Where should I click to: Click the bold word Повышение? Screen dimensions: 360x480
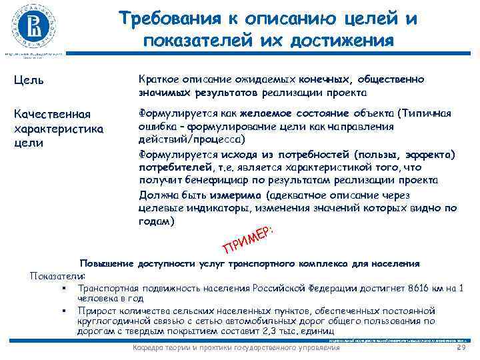[x=107, y=263]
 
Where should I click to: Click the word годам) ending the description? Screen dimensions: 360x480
[x=157, y=221]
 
